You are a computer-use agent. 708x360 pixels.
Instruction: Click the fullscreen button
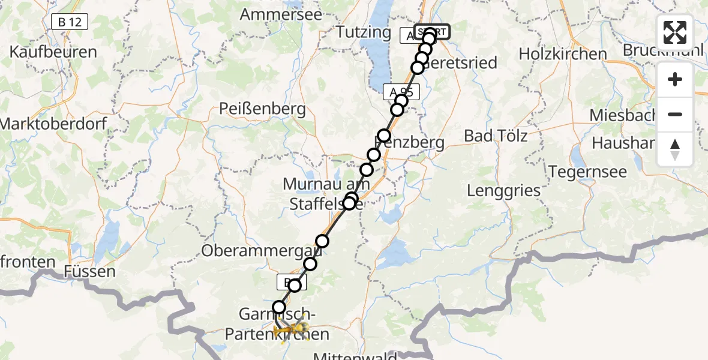click(x=675, y=32)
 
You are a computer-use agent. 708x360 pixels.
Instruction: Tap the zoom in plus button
click(x=675, y=79)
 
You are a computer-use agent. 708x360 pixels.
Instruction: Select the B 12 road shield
click(x=70, y=22)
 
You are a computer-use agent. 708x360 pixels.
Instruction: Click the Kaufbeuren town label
click(x=53, y=52)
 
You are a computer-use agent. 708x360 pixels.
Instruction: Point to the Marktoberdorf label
click(x=53, y=124)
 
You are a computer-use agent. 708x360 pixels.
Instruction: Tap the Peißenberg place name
click(x=262, y=109)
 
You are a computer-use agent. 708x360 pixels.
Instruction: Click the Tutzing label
click(x=364, y=32)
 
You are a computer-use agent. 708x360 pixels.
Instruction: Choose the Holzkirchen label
click(x=563, y=54)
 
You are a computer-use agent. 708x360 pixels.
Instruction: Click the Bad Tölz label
click(x=496, y=136)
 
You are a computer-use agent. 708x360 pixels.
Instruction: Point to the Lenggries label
click(x=504, y=191)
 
